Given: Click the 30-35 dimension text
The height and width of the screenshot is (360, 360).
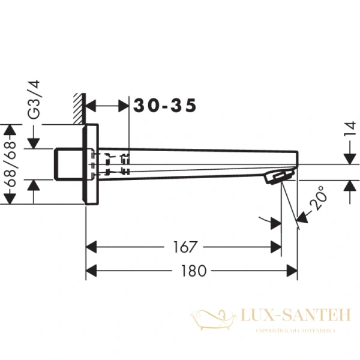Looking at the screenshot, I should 164,106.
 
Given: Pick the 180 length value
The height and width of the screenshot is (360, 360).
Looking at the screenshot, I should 192,271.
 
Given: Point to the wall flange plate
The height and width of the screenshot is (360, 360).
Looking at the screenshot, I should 91,164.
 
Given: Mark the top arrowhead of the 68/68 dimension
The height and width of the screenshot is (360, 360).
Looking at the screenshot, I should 10,130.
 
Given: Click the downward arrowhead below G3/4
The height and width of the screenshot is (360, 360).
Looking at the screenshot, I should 34,144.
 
